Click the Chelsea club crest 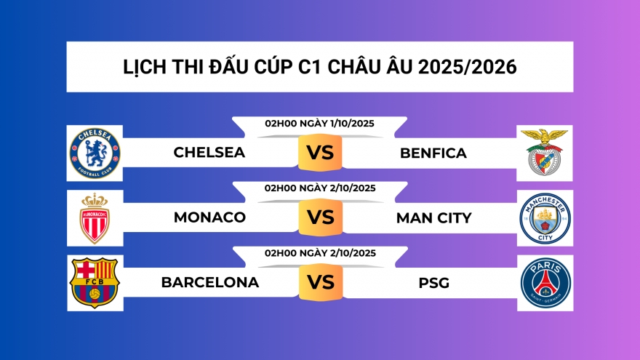coord(95,153)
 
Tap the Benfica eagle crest coord(545,153)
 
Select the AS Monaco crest coord(95,217)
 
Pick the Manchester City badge coord(545,217)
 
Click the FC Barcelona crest coord(95,282)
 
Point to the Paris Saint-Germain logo coord(545,282)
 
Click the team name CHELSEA coord(209,153)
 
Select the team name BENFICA coord(433,153)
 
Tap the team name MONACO coord(209,217)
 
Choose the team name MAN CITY coord(434,217)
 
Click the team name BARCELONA coord(210,282)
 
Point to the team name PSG coord(434,282)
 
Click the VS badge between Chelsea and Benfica coord(320,153)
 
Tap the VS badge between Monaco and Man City coord(320,217)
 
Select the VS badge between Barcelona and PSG coord(320,282)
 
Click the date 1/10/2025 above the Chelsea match coord(348,124)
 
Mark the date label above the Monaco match coord(320,188)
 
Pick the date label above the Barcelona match coord(320,253)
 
